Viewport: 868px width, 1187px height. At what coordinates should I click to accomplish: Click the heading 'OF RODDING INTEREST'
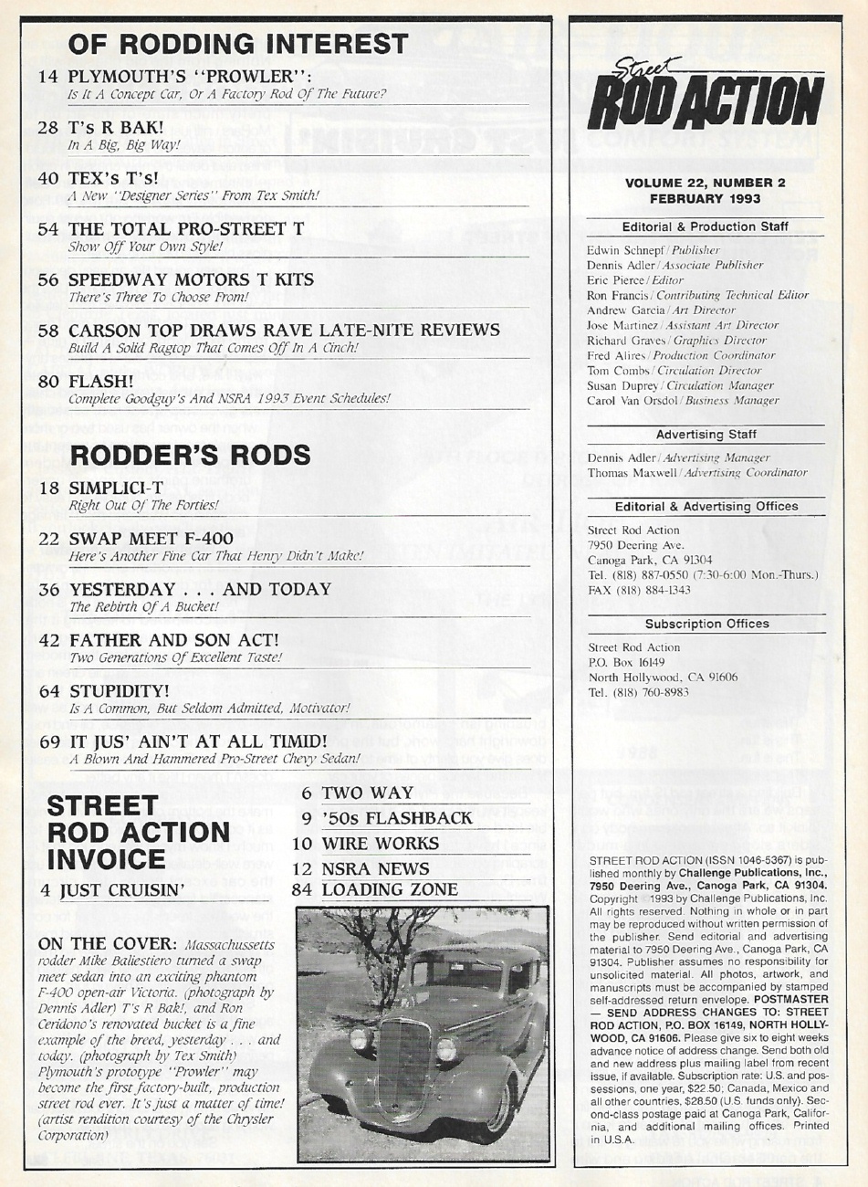tap(238, 43)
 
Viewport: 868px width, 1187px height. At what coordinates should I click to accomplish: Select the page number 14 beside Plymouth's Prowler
tap(49, 78)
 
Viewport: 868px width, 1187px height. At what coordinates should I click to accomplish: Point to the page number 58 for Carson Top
tap(49, 331)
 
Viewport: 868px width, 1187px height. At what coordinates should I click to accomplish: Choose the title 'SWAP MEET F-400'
tap(151, 539)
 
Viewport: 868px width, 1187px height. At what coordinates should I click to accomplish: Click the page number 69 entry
tap(49, 741)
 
